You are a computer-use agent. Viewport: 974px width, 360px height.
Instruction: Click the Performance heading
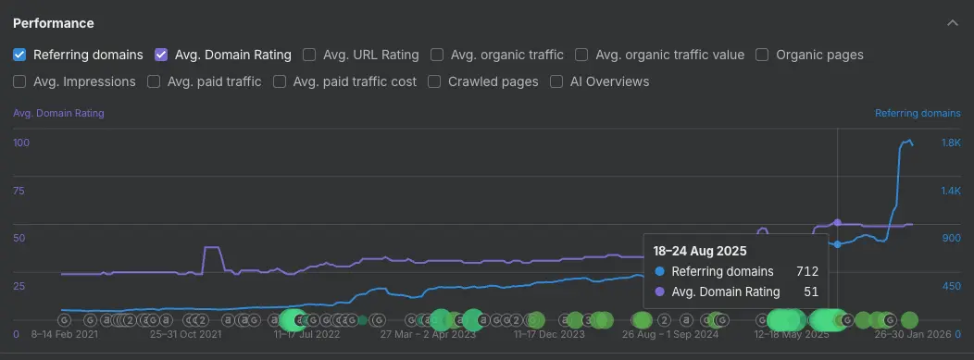[x=53, y=22]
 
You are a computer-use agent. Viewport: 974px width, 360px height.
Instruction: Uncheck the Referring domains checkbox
[x=19, y=55]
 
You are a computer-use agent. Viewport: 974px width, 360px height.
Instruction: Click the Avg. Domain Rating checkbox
[x=161, y=55]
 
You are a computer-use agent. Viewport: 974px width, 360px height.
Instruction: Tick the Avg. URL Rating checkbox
[x=309, y=55]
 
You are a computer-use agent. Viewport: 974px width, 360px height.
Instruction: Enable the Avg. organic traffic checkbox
[x=437, y=55]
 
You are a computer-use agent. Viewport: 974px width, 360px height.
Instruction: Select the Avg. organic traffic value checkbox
[x=581, y=55]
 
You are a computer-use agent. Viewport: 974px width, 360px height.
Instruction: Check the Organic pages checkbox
[x=762, y=55]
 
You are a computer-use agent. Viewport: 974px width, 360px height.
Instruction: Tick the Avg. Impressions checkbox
[x=19, y=81]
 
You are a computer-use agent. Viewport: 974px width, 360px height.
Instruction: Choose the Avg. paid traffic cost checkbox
[x=279, y=81]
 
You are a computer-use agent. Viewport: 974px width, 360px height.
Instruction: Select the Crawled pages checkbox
[x=434, y=81]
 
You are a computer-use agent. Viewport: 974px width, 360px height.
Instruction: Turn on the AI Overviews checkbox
[x=556, y=81]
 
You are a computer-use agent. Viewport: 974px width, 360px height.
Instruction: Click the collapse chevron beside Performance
[x=953, y=22]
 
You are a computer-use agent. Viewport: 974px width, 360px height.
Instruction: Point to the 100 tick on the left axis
[x=21, y=143]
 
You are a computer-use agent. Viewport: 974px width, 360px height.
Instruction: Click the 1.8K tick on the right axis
[x=951, y=143]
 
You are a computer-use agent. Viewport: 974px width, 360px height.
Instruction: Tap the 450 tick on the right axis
[x=951, y=286]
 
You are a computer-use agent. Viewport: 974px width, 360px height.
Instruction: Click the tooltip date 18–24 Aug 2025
[x=699, y=251]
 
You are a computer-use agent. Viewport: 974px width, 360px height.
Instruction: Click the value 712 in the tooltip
[x=806, y=271]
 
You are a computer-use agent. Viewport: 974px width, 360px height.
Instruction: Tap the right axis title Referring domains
[x=918, y=113]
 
